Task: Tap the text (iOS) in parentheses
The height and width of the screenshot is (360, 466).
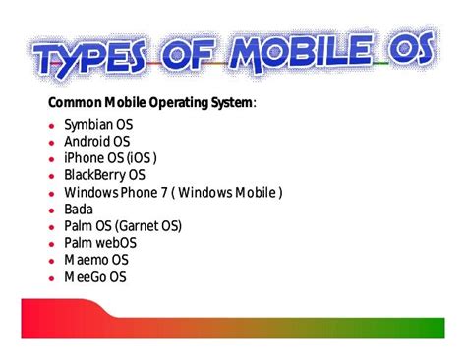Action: (140, 158)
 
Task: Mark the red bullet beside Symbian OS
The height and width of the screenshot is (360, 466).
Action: (51, 126)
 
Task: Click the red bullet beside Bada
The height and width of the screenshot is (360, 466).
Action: (51, 210)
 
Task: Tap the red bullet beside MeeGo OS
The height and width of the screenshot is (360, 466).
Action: (51, 277)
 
